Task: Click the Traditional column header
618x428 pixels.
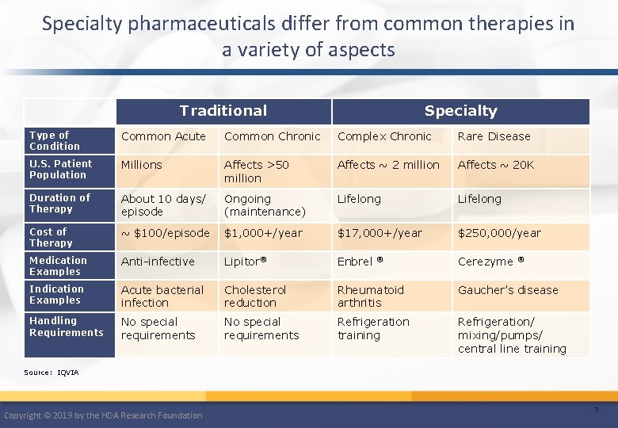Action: pos(223,111)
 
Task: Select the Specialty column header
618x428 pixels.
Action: pos(460,111)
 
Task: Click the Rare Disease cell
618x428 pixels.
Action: pos(494,136)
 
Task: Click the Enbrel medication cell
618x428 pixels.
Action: pos(360,262)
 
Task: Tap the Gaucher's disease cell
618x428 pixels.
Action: pos(508,290)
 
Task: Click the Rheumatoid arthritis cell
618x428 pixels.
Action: pos(370,296)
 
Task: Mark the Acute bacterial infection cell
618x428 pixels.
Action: pos(162,296)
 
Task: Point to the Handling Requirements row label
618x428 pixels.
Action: pos(66,327)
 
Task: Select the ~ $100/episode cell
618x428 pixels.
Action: pos(165,233)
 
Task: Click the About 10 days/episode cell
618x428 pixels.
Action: pos(162,205)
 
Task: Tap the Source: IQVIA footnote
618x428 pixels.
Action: pos(51,372)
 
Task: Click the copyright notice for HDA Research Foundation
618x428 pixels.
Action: pos(103,415)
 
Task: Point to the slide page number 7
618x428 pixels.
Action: pos(596,410)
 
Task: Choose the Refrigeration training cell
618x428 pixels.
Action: pos(373,328)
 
